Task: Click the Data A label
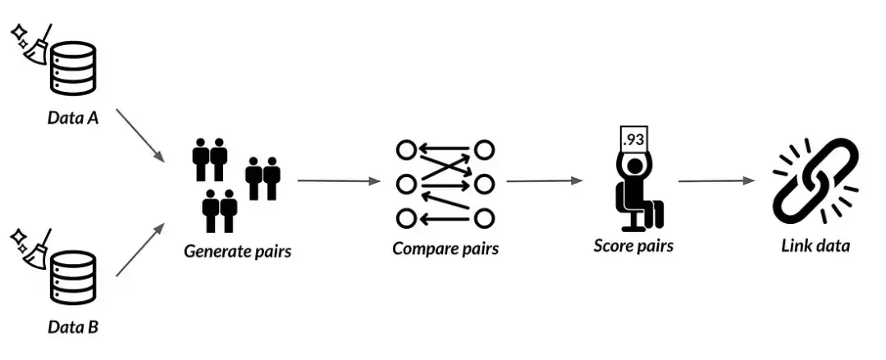(72, 118)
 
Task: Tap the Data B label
(72, 326)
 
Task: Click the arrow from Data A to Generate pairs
(141, 135)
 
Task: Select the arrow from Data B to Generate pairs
(141, 249)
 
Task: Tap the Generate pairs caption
(237, 250)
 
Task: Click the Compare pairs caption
(445, 248)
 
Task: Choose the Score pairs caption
(633, 246)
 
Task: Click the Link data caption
(815, 246)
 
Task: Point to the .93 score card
(633, 139)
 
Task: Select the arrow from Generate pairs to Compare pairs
(339, 181)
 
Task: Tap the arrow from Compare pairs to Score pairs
(544, 181)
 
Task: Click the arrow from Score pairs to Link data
(716, 181)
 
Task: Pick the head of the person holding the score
(634, 166)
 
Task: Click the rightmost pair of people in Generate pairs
(263, 178)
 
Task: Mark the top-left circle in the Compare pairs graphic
(406, 150)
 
